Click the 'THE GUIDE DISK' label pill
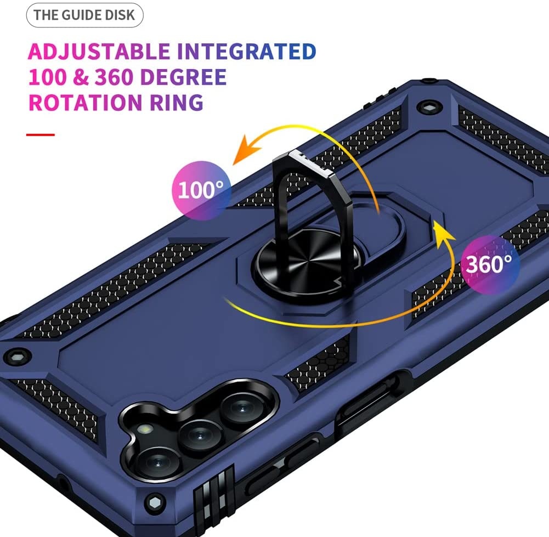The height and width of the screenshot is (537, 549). click(x=84, y=15)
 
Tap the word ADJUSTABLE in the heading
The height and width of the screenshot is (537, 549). click(x=99, y=52)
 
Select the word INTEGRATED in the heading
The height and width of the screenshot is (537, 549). click(x=246, y=52)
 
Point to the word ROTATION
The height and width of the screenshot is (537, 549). click(x=86, y=103)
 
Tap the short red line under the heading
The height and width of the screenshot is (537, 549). click(x=41, y=135)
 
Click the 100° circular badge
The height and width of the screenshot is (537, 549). click(x=201, y=190)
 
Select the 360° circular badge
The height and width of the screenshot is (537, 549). click(x=489, y=264)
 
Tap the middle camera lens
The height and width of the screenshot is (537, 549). click(x=200, y=436)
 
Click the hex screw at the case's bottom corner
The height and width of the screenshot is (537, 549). click(x=155, y=503)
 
